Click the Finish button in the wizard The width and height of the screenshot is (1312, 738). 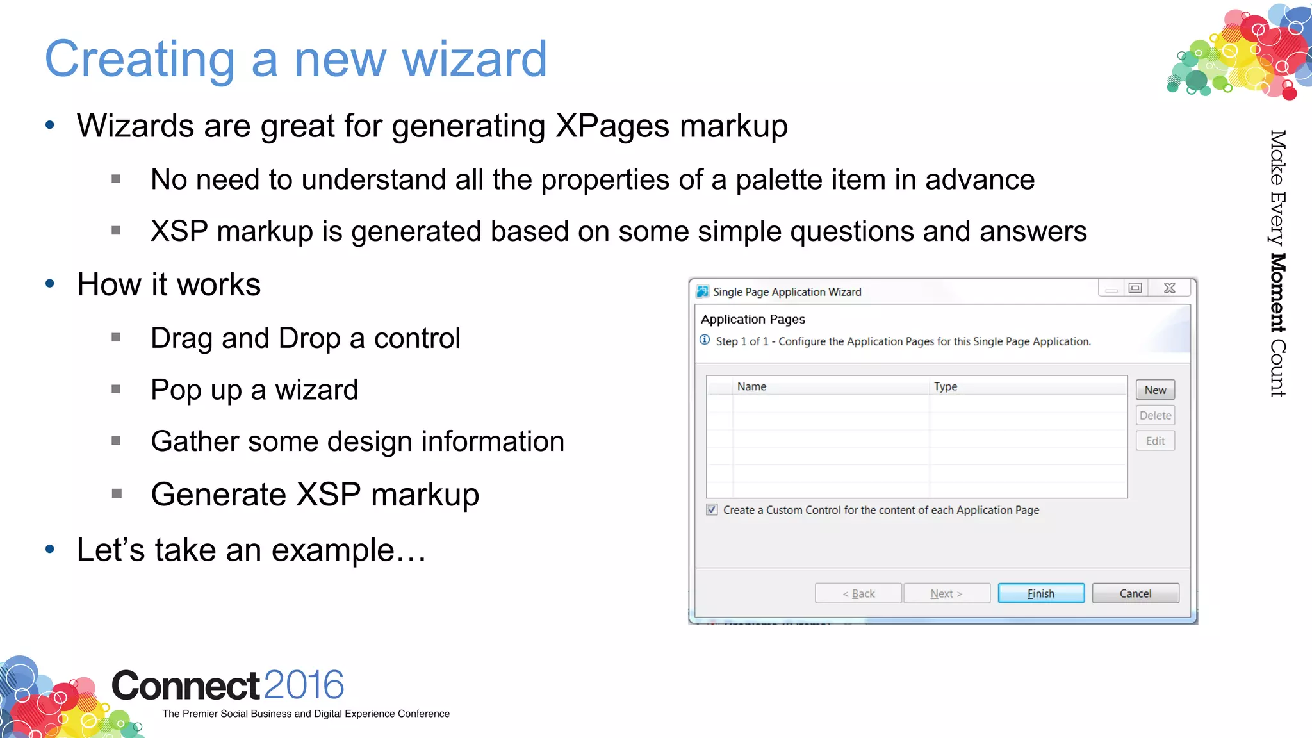pyautogui.click(x=1041, y=593)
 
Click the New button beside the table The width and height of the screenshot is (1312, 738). pyautogui.click(x=1155, y=390)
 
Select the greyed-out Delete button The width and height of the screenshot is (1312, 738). pyautogui.click(x=1155, y=415)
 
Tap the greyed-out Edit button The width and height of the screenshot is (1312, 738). pyautogui.click(x=1155, y=441)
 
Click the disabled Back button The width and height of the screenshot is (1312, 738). pyautogui.click(x=858, y=593)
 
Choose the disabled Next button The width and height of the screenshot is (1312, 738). pyautogui.click(x=946, y=593)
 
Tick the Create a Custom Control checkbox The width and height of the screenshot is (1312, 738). pyautogui.click(x=712, y=510)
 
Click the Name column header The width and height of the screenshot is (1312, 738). pyautogui.click(x=751, y=386)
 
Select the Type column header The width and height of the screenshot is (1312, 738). pyautogui.click(x=946, y=386)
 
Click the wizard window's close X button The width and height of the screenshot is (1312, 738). pyautogui.click(x=1170, y=288)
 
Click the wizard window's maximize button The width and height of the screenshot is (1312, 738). pyautogui.click(x=1135, y=288)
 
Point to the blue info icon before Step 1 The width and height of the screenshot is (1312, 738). pyautogui.click(x=705, y=340)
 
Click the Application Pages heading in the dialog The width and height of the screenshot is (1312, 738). pyautogui.click(x=753, y=319)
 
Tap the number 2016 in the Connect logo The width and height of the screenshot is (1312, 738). pyautogui.click(x=304, y=685)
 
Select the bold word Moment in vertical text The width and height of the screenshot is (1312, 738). pyautogui.click(x=1277, y=293)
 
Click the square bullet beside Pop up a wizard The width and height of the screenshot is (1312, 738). pyautogui.click(x=116, y=389)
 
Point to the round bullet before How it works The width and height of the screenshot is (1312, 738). pyautogui.click(x=50, y=284)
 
